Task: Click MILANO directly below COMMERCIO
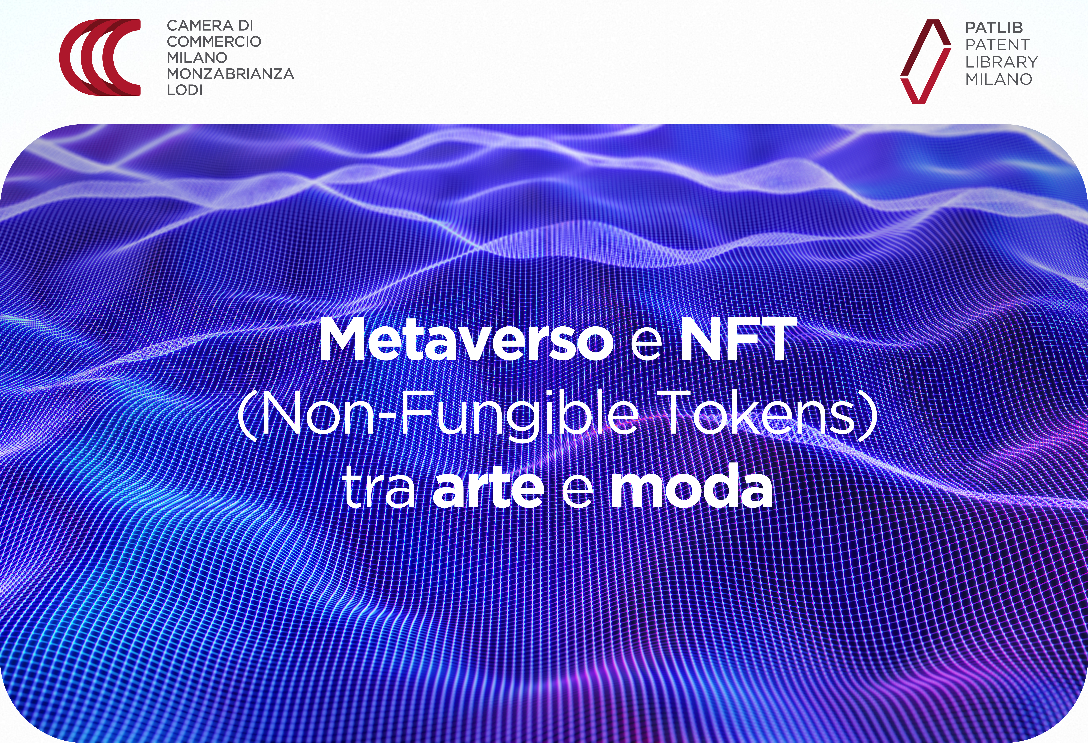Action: pyautogui.click(x=197, y=58)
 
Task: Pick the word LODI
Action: pyautogui.click(x=184, y=89)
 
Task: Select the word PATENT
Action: pyautogui.click(x=997, y=44)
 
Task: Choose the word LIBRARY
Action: pyautogui.click(x=1001, y=62)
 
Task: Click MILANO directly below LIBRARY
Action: pyautogui.click(x=999, y=79)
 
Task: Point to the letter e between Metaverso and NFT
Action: pyautogui.click(x=646, y=344)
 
